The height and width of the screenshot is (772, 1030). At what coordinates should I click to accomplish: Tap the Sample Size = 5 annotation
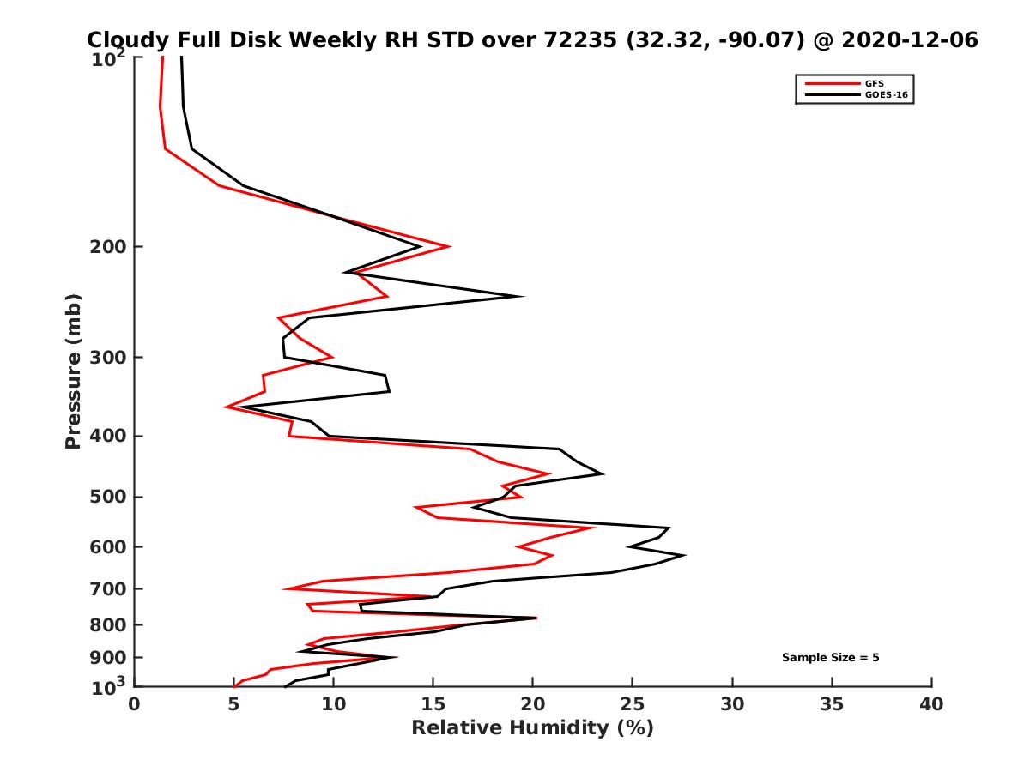point(830,658)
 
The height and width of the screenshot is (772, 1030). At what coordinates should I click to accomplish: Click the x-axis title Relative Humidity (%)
point(532,728)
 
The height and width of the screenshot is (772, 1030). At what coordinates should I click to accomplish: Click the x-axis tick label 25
point(633,704)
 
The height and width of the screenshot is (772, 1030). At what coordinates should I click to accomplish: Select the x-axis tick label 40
point(931,704)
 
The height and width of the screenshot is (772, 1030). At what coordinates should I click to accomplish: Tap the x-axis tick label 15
point(433,704)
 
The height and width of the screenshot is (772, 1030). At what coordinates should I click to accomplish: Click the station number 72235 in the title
point(585,40)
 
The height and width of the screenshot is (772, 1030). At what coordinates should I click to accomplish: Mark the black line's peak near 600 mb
point(684,556)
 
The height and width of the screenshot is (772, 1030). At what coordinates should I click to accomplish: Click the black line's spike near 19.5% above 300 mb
point(523,297)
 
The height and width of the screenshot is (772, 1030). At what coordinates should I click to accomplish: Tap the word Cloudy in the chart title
point(124,40)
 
